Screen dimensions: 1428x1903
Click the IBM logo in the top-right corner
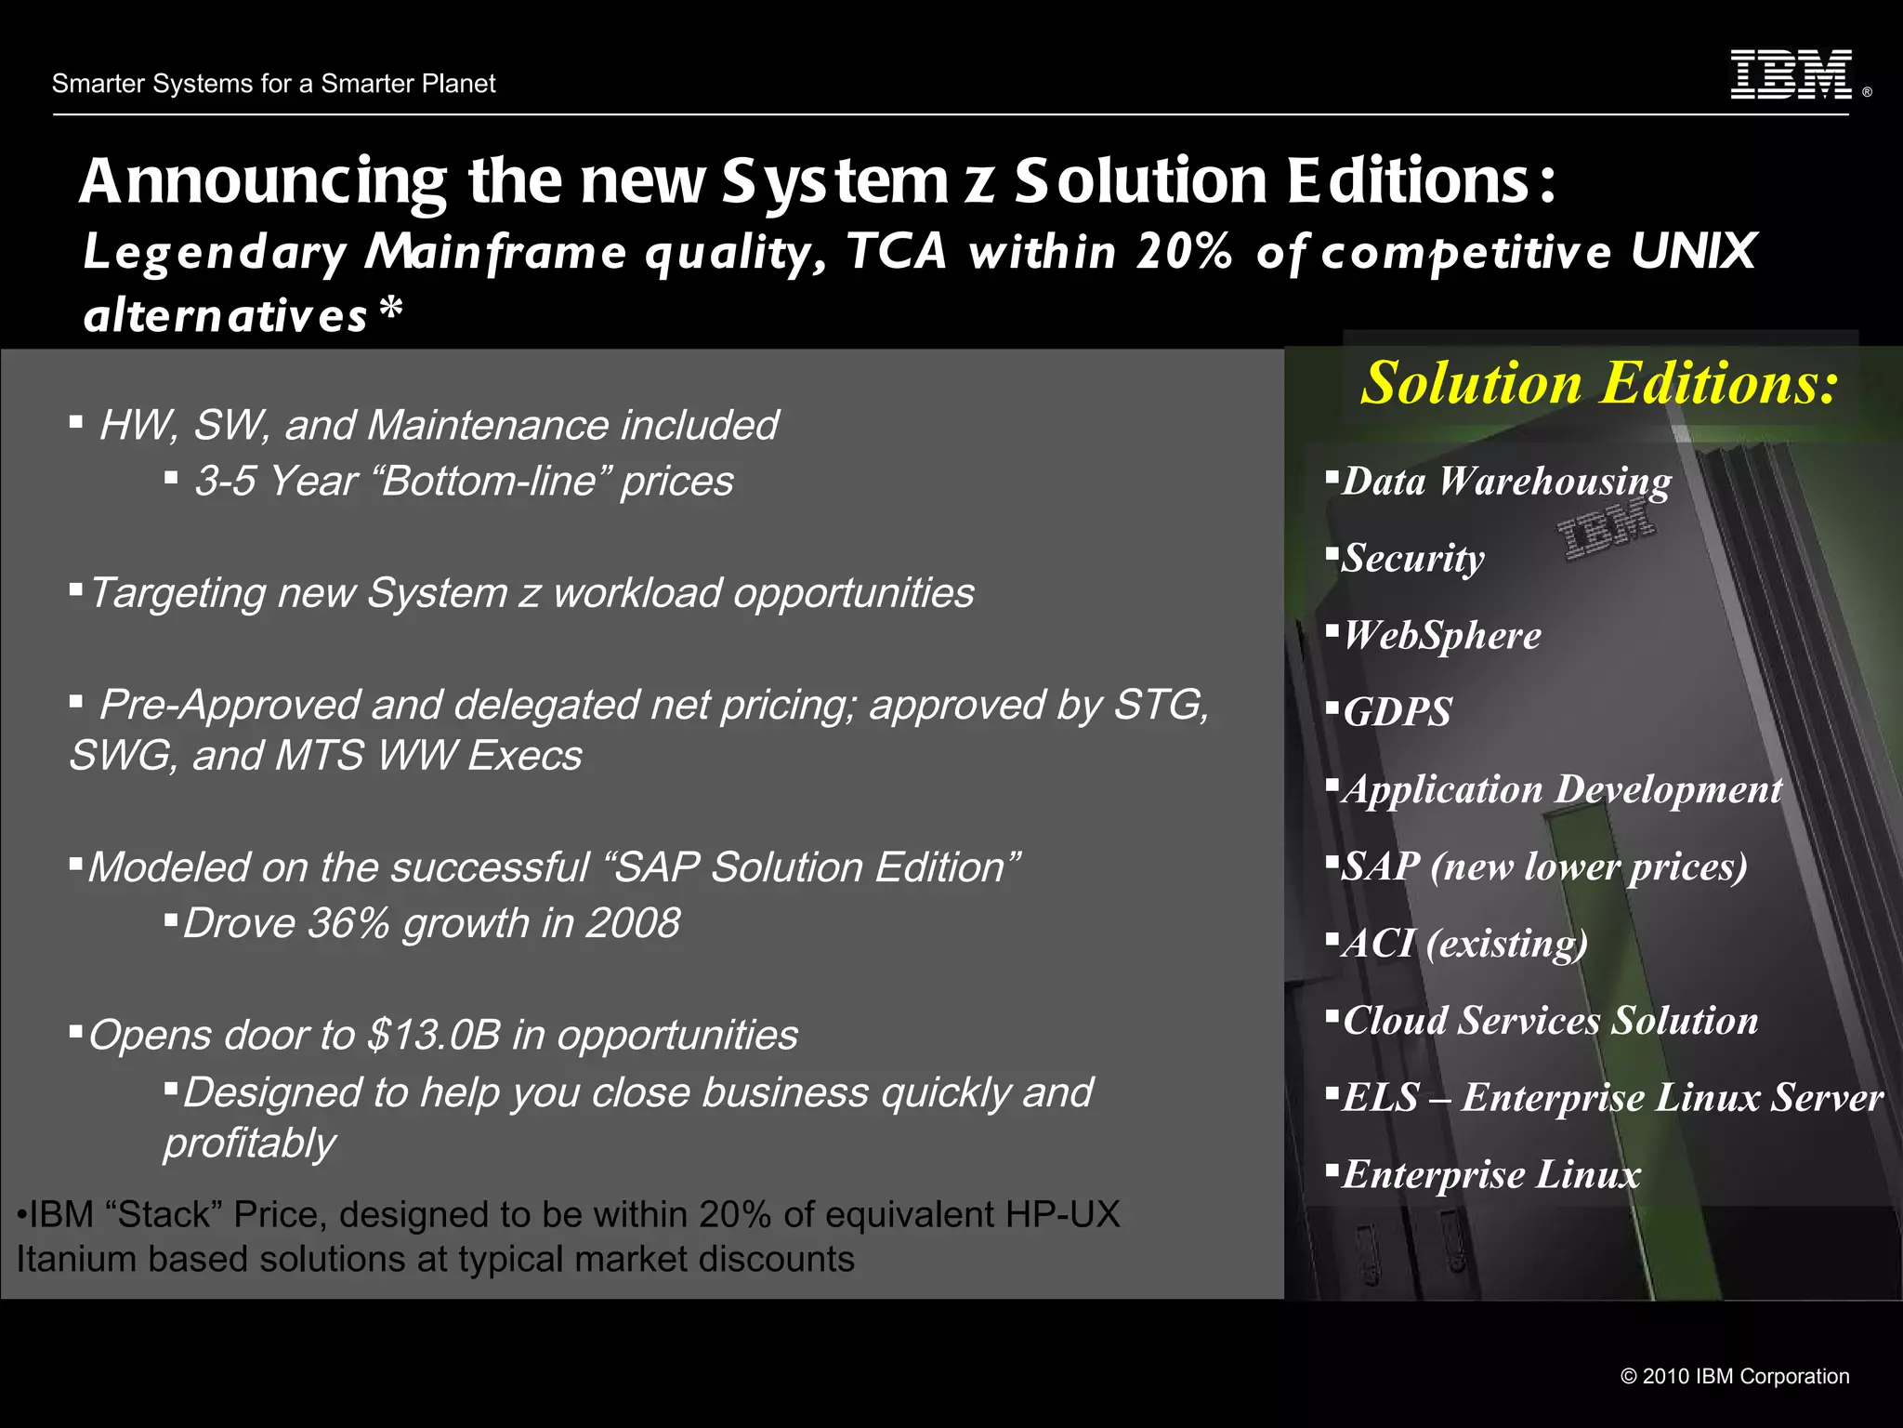click(x=1791, y=74)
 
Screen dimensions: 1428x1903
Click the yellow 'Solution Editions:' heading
click(x=1598, y=383)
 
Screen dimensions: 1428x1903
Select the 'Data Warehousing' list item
click(x=1505, y=482)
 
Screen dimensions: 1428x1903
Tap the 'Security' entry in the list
click(x=1412, y=559)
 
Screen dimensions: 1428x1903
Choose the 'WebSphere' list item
click(x=1441, y=636)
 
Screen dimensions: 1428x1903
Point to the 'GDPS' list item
click(x=1397, y=713)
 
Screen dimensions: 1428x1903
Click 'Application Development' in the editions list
click(x=1561, y=790)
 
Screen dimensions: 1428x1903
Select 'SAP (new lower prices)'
click(x=1543, y=866)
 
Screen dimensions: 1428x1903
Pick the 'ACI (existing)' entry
click(x=1464, y=944)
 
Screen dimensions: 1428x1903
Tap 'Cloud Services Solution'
click(x=1550, y=1021)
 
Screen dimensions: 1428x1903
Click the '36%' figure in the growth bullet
click(x=348, y=923)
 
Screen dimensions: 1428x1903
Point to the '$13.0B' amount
click(x=434, y=1035)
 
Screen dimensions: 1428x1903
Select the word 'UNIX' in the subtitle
click(x=1693, y=251)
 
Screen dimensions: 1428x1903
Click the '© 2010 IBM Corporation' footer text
click(x=1734, y=1377)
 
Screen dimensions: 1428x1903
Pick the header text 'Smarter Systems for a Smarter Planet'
click(x=273, y=84)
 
